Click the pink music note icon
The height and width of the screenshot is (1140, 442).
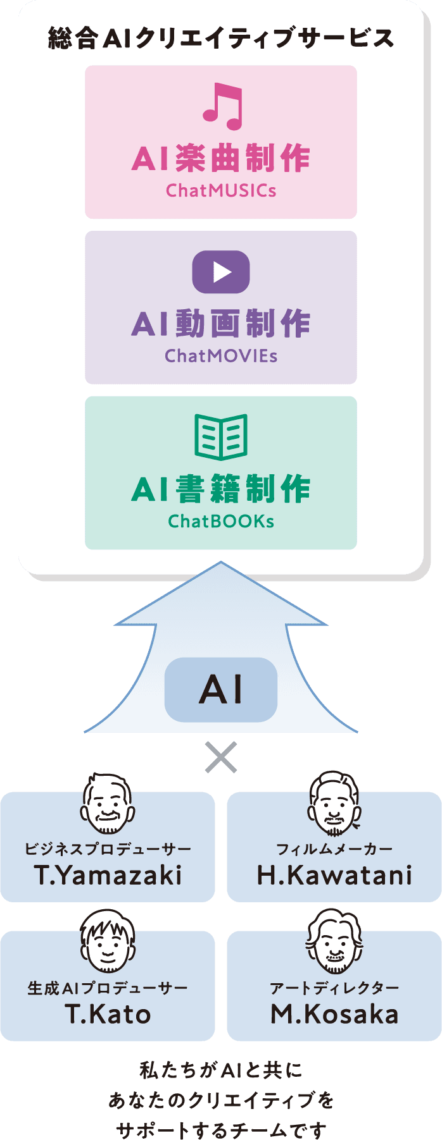click(222, 106)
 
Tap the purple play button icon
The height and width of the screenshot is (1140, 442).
click(221, 272)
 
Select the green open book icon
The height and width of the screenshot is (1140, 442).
click(221, 437)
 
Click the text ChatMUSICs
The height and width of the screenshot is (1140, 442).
click(221, 190)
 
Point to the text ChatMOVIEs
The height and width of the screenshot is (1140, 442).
click(221, 356)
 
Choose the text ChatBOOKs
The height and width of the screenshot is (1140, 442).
click(221, 522)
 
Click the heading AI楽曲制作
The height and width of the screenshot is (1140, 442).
click(221, 158)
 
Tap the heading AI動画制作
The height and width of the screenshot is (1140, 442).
click(221, 324)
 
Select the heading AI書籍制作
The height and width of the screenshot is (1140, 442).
click(221, 489)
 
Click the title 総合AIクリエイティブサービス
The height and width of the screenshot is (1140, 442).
click(221, 39)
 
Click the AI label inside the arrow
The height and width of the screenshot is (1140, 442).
click(221, 690)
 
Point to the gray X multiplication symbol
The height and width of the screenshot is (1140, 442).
click(221, 757)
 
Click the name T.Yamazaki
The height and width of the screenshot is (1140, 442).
click(108, 876)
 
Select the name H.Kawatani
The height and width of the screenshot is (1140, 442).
click(334, 876)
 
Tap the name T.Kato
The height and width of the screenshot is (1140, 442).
click(108, 1014)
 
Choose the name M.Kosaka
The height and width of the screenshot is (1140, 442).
click(334, 1014)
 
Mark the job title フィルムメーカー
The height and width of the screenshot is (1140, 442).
click(334, 849)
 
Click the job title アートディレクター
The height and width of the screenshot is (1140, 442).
click(334, 988)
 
